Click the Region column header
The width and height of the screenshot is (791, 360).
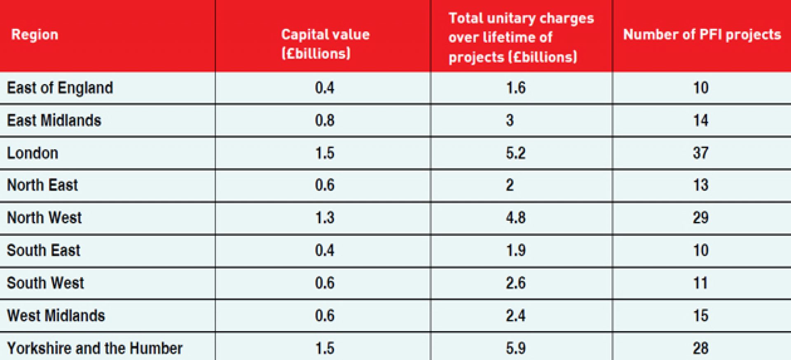[x=35, y=35]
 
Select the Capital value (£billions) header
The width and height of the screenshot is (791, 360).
[x=325, y=44]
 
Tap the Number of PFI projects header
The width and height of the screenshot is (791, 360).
[x=702, y=35]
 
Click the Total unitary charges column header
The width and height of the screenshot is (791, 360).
[x=521, y=37]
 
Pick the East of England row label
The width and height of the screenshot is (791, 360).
[x=60, y=88]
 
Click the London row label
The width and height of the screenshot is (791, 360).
[x=33, y=153]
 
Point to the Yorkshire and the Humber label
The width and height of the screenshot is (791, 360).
[x=95, y=348]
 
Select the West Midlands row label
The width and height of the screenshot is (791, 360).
[x=56, y=316]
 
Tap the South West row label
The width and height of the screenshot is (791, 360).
[x=45, y=283]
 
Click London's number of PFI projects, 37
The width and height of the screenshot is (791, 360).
[x=700, y=153]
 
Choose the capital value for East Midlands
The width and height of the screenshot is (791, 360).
[x=325, y=120]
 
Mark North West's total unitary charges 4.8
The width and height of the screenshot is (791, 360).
[x=515, y=217]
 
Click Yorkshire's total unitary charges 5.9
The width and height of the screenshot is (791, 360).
[x=515, y=348]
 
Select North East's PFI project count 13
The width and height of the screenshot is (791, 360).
[x=700, y=185]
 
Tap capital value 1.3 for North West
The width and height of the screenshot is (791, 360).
[x=325, y=217]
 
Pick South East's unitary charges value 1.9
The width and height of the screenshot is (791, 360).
[x=515, y=250]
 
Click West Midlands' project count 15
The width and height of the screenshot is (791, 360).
[x=700, y=316]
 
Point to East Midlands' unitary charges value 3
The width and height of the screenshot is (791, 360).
[x=510, y=120]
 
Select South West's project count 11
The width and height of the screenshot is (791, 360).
[x=700, y=283]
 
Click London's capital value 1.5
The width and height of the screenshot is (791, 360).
[x=325, y=153]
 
